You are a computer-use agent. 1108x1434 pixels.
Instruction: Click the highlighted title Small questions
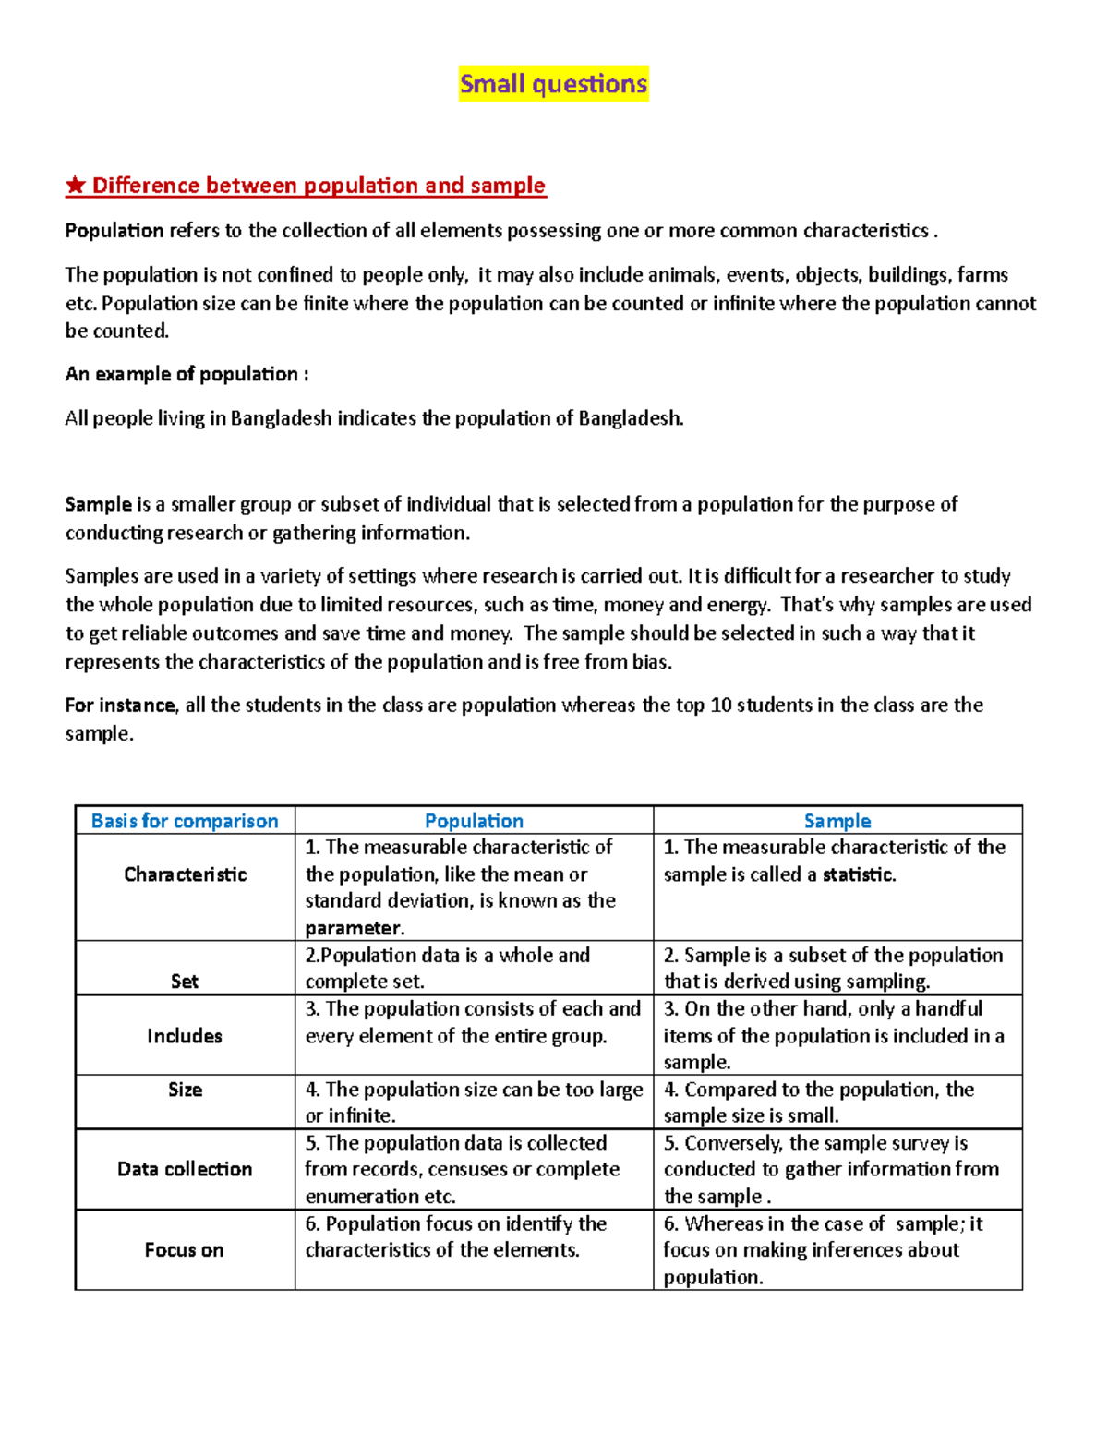point(553,84)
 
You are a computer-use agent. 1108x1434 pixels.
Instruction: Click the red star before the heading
point(75,186)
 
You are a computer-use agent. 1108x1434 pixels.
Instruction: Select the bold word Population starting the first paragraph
point(114,231)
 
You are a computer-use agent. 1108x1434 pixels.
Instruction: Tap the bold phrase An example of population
point(186,374)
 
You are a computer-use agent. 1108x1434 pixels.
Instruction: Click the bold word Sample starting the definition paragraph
point(98,504)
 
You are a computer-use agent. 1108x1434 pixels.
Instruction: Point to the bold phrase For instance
point(120,705)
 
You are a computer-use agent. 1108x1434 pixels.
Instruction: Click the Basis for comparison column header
point(185,821)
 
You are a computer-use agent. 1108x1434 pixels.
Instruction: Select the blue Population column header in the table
point(474,821)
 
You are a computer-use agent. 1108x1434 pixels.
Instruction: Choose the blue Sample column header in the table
point(837,821)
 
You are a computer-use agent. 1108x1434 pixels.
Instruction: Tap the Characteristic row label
point(185,874)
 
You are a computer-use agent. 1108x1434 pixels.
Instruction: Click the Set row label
point(185,982)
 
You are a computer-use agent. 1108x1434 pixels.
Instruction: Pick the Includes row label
point(185,1036)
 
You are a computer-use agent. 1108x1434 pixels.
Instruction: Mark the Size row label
point(185,1090)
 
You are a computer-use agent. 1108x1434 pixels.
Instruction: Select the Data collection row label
point(185,1169)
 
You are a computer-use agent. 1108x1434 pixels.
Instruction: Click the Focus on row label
point(185,1250)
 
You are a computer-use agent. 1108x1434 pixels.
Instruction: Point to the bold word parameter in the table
point(354,928)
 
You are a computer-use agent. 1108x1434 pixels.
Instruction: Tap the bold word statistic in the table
point(859,874)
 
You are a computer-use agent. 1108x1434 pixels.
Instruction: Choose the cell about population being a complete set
point(474,968)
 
